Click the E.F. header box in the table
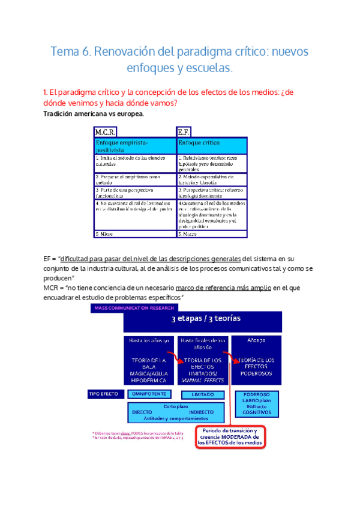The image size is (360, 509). coord(183,131)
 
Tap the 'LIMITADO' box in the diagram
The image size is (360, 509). coord(202,395)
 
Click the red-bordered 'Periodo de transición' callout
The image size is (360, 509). coord(230,436)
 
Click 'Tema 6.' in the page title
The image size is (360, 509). coord(70,52)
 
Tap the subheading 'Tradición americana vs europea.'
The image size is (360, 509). coord(94,114)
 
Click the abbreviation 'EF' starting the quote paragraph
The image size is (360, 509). coord(48,258)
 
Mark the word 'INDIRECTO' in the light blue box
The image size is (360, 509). coord(202,412)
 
